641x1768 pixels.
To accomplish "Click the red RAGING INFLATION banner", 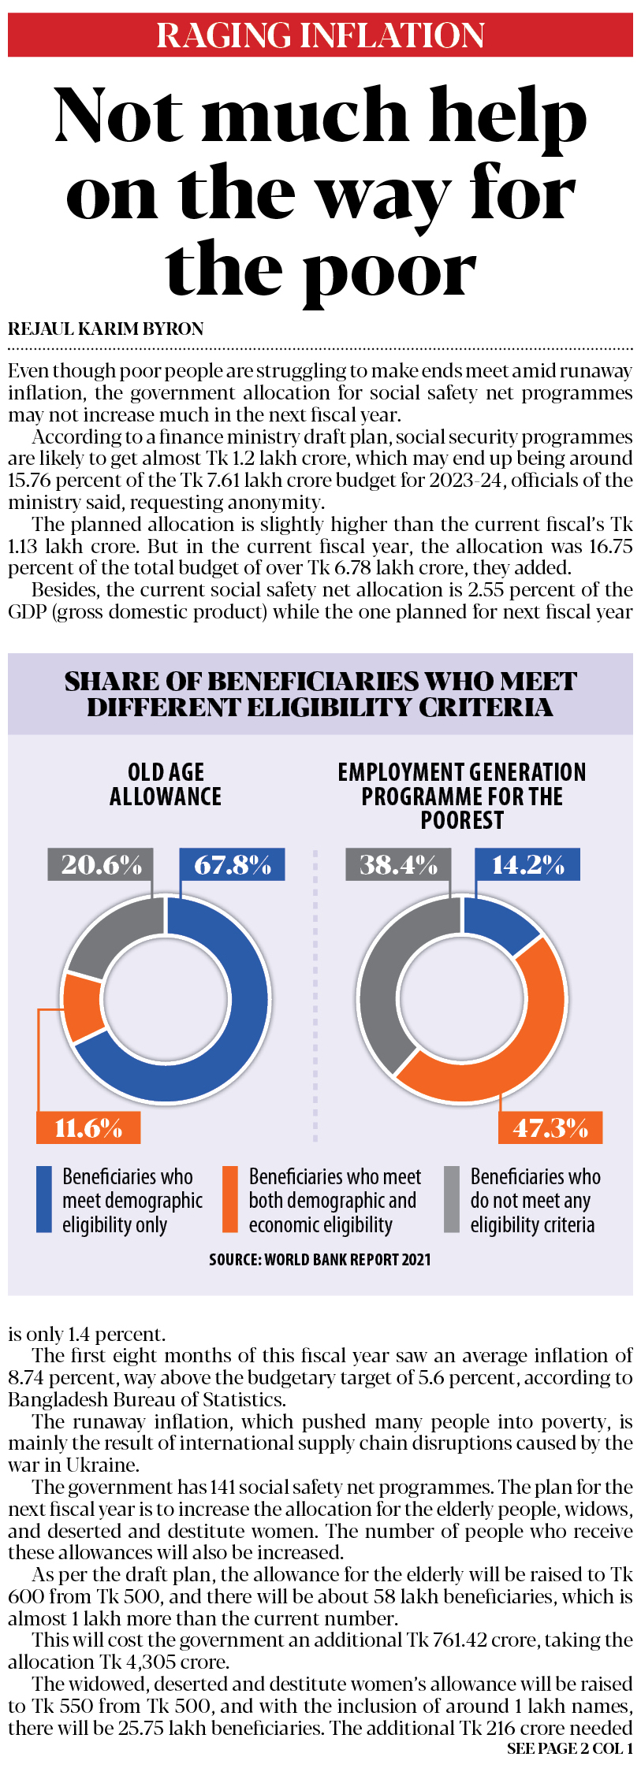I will tap(320, 35).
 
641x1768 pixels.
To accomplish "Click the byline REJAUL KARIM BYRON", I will tap(106, 329).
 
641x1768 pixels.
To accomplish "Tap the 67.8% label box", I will tap(232, 864).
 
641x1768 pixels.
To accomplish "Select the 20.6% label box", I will tap(101, 864).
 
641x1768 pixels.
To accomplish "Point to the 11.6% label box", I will tap(88, 1127).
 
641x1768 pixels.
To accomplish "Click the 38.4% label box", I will tap(398, 864).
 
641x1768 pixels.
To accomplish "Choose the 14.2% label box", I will tap(527, 864).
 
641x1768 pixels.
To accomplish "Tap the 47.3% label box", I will tap(550, 1127).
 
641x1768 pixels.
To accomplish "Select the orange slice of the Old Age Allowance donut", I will tap(83, 1008).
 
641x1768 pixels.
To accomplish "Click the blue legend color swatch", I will tap(44, 1199).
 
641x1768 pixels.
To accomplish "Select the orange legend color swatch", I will tap(230, 1199).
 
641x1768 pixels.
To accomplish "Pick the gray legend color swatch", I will tap(452, 1199).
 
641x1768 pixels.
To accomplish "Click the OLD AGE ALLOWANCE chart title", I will tap(166, 784).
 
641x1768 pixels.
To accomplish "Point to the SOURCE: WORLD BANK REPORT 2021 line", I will tap(320, 1259).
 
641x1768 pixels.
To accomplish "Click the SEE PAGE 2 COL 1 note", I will tap(569, 1748).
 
